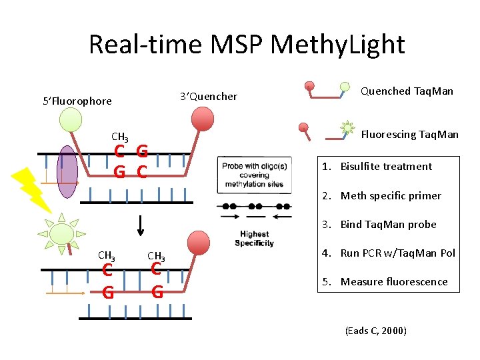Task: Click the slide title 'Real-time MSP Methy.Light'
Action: pyautogui.click(x=246, y=45)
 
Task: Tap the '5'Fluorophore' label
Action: pyautogui.click(x=77, y=101)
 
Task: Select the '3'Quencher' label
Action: pyautogui.click(x=209, y=97)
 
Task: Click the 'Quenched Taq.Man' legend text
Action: pyautogui.click(x=407, y=91)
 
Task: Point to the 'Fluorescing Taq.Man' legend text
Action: pyautogui.click(x=409, y=135)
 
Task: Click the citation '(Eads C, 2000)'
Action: pyautogui.click(x=375, y=331)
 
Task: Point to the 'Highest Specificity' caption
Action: pyautogui.click(x=254, y=239)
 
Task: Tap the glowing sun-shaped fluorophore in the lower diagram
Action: pyautogui.click(x=61, y=233)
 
